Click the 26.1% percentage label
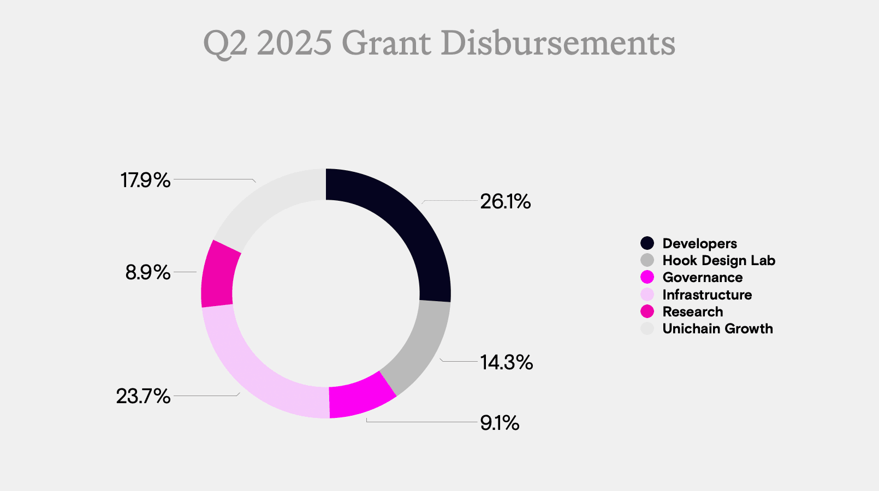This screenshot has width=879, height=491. coord(505,202)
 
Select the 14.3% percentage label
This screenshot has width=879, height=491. coord(506,362)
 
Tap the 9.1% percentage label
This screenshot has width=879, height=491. coord(500,423)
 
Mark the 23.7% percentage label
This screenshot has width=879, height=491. coord(144,396)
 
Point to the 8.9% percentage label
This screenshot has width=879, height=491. coord(148,272)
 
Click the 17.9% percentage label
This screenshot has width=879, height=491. coord(146,180)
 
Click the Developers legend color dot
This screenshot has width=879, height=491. coord(647,243)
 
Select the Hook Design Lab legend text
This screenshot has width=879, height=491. coord(718,260)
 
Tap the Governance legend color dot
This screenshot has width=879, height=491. coord(647,277)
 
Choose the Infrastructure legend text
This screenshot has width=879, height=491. coord(707,295)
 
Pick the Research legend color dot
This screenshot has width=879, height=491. coord(647,312)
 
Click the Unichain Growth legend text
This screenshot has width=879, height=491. coord(717,328)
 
